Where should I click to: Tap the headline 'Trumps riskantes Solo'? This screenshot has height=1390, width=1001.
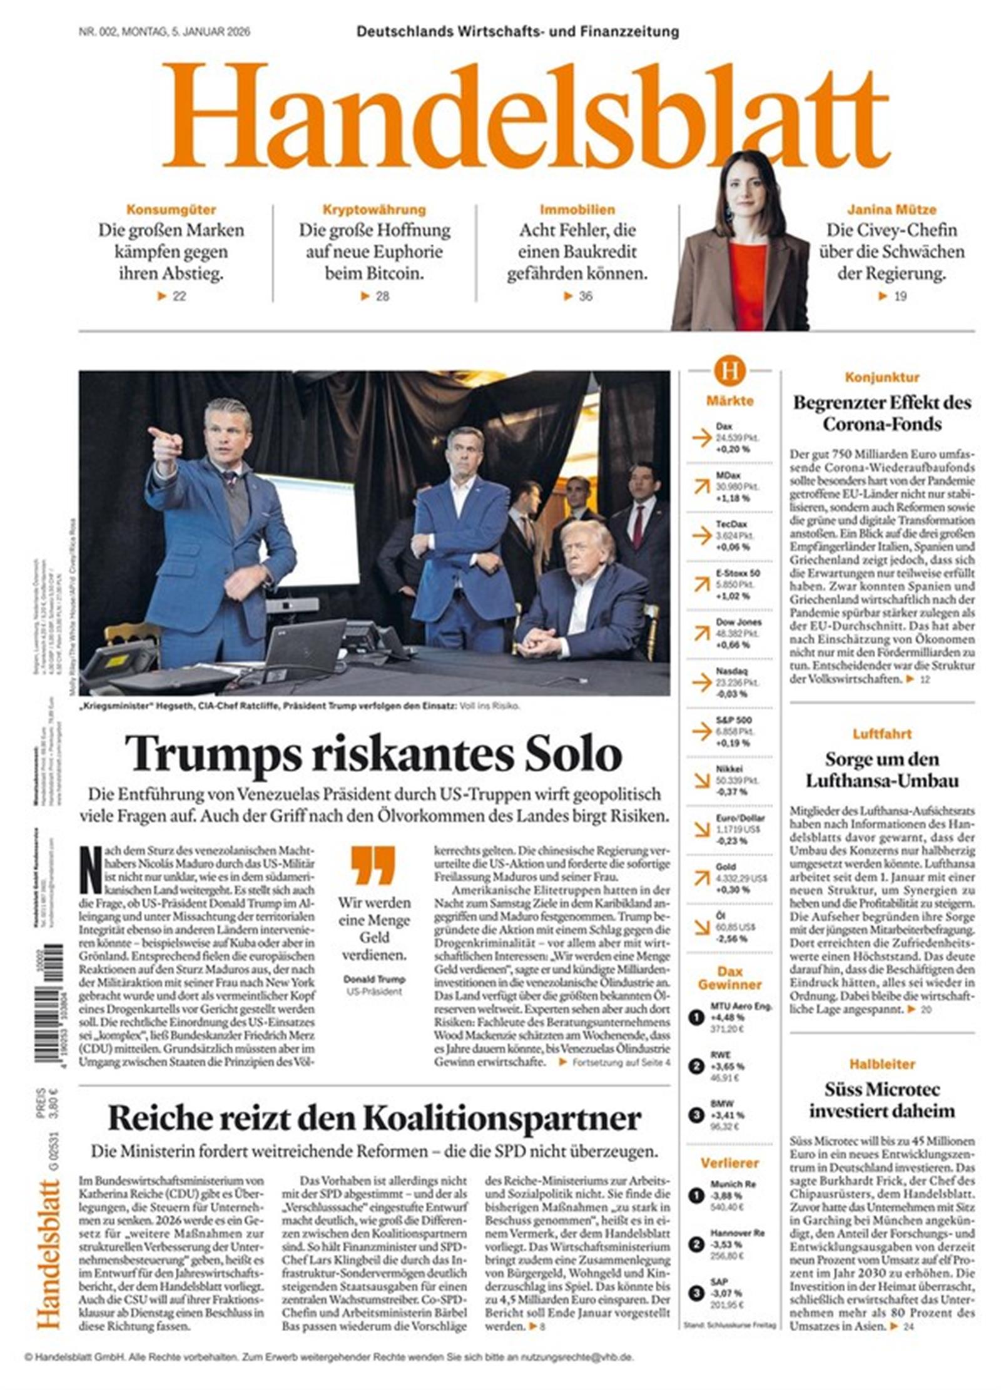pos(373,754)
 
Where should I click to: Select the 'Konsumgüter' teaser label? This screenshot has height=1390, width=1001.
pos(171,210)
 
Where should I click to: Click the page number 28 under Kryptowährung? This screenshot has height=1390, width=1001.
pos(382,296)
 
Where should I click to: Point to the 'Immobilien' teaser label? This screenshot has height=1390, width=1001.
pos(577,210)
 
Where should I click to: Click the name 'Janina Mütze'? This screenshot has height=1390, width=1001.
pos(891,210)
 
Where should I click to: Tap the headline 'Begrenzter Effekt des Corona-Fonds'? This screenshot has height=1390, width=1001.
pos(882,413)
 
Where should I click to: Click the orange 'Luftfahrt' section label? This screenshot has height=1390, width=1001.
pos(882,734)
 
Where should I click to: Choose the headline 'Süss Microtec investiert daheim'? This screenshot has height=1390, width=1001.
pos(882,1100)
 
